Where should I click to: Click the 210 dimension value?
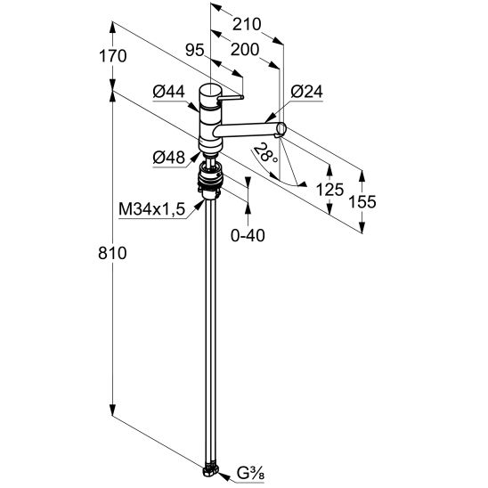[247, 24]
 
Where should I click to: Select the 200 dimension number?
[245, 50]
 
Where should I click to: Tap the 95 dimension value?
[195, 50]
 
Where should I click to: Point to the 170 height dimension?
[113, 56]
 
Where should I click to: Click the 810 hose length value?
[112, 253]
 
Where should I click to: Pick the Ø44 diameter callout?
[168, 92]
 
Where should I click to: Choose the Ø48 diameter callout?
[169, 158]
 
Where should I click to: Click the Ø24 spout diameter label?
[307, 92]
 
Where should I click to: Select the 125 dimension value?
[329, 190]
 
